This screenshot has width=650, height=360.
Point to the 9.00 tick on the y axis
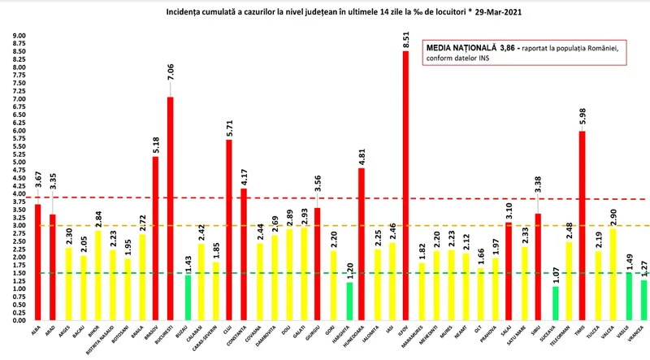point(18,36)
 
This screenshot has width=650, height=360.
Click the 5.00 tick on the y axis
point(18,163)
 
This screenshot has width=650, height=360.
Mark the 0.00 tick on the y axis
point(18,320)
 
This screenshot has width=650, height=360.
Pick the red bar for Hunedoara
point(362,244)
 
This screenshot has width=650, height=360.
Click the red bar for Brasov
point(156,238)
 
